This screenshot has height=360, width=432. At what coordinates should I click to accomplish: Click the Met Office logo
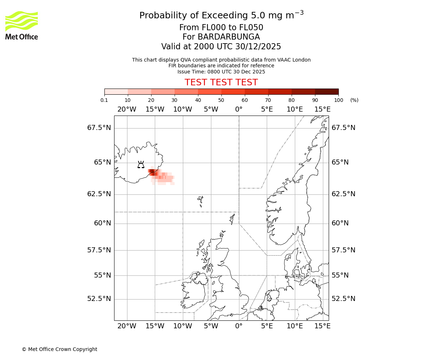click(22, 25)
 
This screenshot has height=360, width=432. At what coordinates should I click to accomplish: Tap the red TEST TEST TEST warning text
click(221, 82)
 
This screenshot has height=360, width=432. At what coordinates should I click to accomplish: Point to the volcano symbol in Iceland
click(141, 165)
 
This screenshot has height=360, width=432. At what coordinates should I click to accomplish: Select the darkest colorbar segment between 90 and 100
click(327, 91)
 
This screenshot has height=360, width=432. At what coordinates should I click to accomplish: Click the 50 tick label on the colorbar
click(221, 100)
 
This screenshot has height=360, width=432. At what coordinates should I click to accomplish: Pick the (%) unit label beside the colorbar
click(354, 100)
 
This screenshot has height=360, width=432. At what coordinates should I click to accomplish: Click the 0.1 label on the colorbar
click(104, 100)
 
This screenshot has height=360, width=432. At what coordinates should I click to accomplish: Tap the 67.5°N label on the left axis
click(99, 128)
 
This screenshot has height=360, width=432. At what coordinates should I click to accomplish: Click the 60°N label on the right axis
click(340, 223)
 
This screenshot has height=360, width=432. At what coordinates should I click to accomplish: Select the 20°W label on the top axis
click(127, 109)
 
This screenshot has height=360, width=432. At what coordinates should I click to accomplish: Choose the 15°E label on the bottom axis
click(323, 326)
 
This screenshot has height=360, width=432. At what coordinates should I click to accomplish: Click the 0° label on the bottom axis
click(239, 326)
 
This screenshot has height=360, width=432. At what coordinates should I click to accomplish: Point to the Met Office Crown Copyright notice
click(59, 349)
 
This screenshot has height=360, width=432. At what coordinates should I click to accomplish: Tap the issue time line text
click(221, 72)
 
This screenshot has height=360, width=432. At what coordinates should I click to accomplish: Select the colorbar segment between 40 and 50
click(210, 91)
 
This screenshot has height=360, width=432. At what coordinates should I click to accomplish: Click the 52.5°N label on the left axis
click(99, 299)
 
